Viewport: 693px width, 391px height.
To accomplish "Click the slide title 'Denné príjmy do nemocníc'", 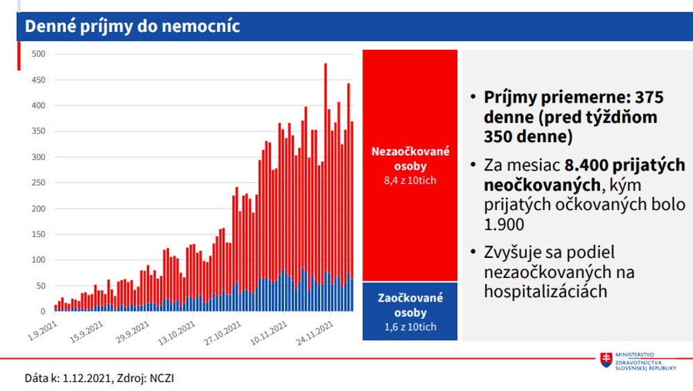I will pos(132,26).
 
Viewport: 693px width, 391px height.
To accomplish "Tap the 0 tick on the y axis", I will pos(42,311).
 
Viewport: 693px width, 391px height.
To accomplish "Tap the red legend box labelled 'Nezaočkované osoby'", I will pos(409,165).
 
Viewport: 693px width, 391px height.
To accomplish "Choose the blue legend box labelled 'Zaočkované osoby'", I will pos(409,311).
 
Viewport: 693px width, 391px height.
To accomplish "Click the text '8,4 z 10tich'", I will pos(409,181).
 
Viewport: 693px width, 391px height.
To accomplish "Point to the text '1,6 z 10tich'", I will pos(409,327).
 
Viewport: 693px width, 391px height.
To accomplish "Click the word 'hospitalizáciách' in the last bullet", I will pos(546,291).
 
